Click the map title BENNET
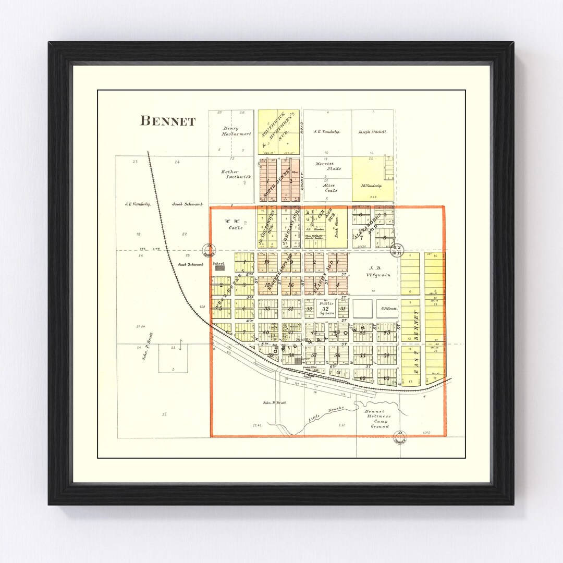click(168, 121)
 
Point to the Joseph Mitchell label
click(372, 132)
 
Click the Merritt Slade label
click(328, 166)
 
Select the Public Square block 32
click(326, 309)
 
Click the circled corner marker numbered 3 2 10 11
click(397, 250)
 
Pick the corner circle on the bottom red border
click(400, 437)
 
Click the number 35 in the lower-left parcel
click(164, 414)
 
